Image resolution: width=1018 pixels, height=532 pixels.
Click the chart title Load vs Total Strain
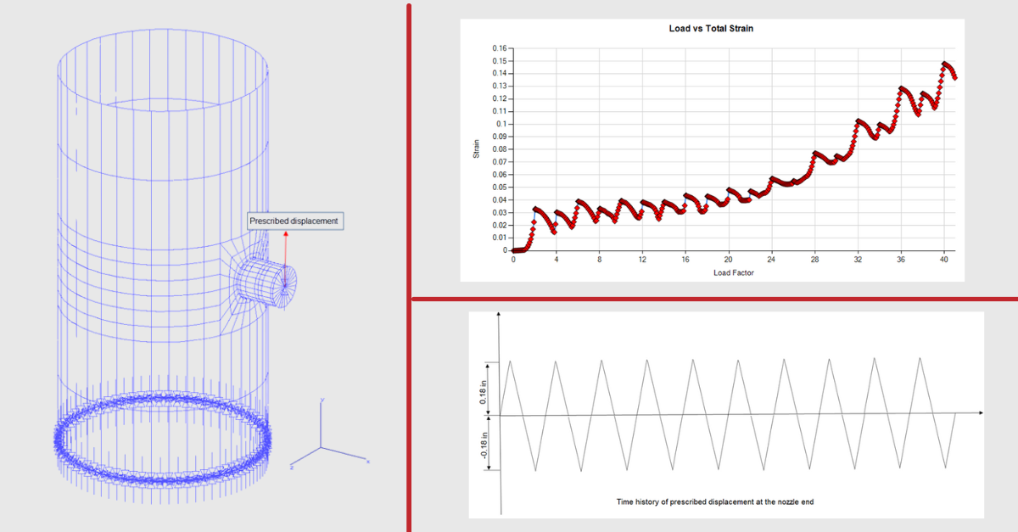711,29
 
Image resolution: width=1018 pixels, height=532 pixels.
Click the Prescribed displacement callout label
294,221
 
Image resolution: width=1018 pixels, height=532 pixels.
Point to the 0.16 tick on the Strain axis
499,48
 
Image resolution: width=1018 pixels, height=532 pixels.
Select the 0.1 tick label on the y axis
501,124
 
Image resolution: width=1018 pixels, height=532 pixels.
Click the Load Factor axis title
733,273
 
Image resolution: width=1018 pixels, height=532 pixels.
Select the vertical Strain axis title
477,149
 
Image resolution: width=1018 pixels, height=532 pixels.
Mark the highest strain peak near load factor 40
944,64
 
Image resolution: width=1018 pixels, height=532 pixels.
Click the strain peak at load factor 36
901,88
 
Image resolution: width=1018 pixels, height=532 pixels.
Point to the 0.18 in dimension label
483,389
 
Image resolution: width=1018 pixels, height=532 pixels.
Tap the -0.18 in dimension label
483,444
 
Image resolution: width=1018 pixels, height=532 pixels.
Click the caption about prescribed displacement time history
714,502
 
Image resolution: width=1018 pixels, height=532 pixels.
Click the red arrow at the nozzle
286,250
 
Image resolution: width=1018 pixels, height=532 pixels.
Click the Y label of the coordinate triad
322,399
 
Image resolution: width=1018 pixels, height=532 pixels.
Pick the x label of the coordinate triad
368,461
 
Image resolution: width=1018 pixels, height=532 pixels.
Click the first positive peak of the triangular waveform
510,361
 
